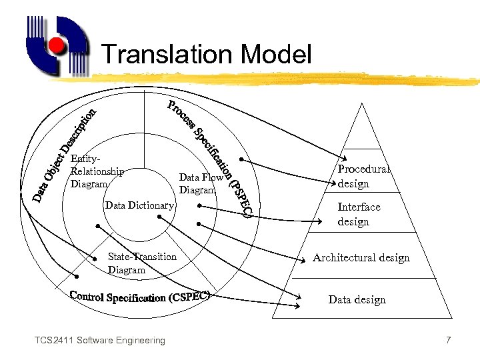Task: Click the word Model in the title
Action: [275, 55]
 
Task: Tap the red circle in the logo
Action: [58, 45]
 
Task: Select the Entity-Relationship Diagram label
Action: [96, 171]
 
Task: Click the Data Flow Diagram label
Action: [201, 183]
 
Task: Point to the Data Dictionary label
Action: [139, 205]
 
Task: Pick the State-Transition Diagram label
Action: [142, 263]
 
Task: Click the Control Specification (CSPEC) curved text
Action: [140, 296]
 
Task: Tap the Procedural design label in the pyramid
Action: [363, 176]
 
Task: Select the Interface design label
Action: [359, 214]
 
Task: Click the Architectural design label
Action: [361, 258]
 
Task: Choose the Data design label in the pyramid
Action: [357, 300]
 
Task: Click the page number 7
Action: [449, 341]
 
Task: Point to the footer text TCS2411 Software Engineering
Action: [100, 341]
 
